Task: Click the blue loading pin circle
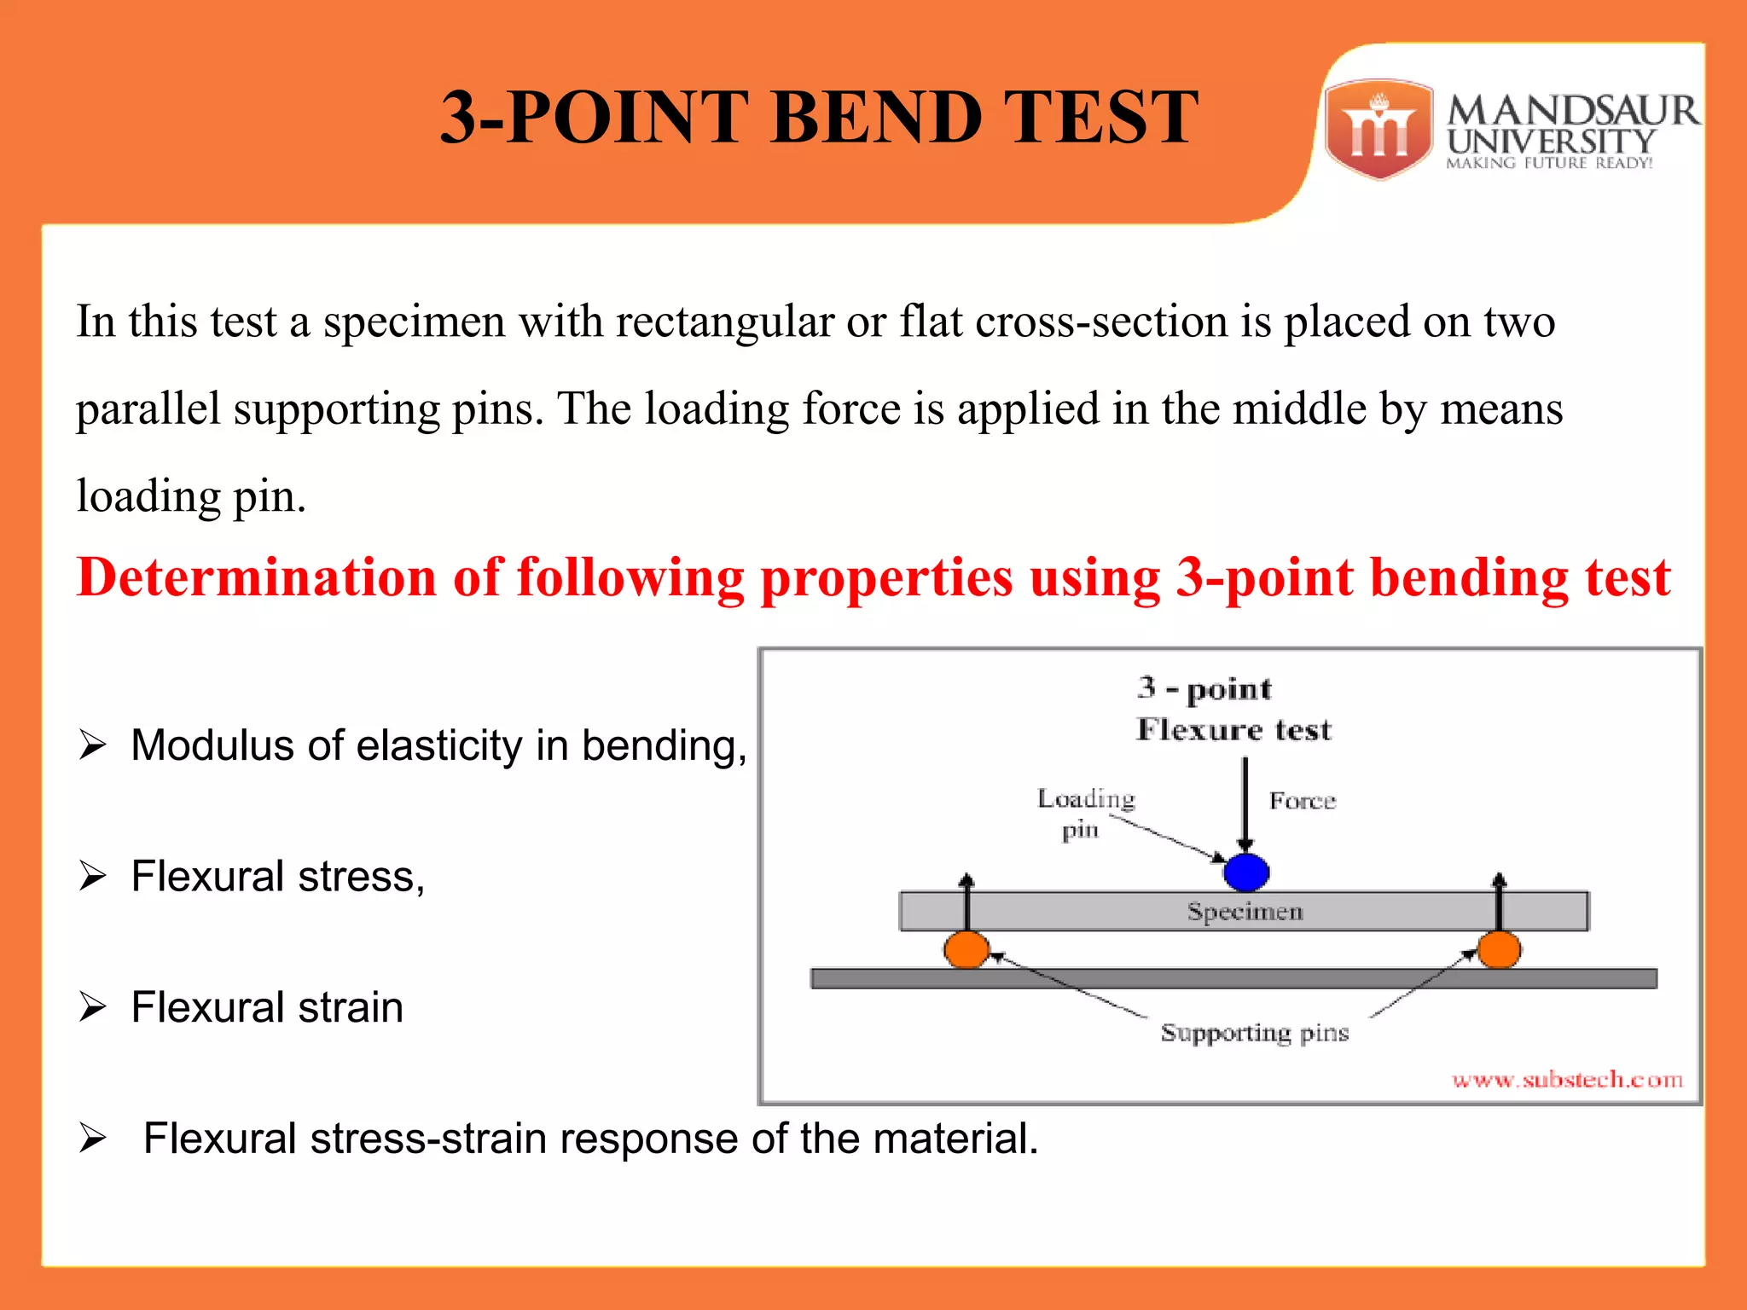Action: point(1245,872)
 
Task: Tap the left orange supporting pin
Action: point(966,949)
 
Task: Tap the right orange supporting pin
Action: point(1499,949)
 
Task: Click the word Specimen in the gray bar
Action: point(1245,912)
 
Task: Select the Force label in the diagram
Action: point(1302,801)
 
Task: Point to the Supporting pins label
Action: point(1254,1033)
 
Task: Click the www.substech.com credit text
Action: point(1567,1080)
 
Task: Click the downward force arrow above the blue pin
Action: point(1245,802)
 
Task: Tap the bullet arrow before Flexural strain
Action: point(92,1007)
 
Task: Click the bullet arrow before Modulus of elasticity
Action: point(92,745)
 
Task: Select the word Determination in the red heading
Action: point(256,577)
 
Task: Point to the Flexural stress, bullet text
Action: point(277,877)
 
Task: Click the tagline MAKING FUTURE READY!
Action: point(1549,163)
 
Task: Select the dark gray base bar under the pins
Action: point(1233,978)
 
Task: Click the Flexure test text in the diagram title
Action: point(1233,730)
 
